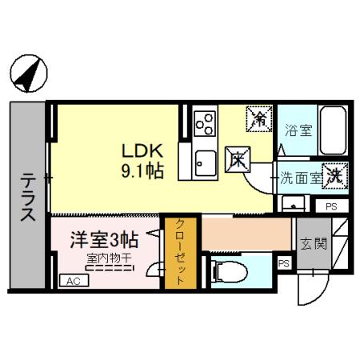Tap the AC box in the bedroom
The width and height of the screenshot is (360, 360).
(x=72, y=281)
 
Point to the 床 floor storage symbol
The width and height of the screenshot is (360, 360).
(x=238, y=159)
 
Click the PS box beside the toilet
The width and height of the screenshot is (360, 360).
(x=282, y=262)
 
